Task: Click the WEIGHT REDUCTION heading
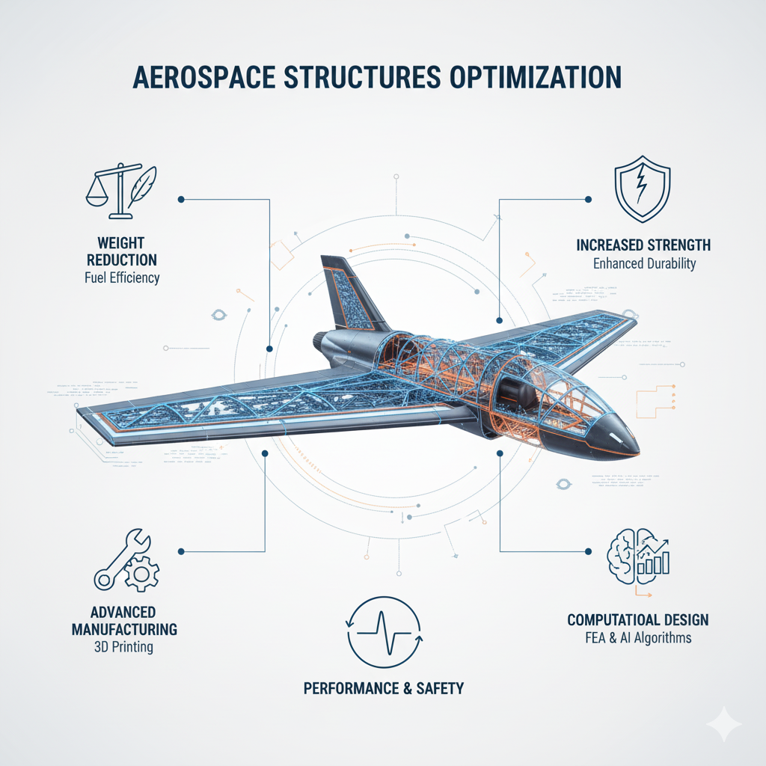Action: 122,251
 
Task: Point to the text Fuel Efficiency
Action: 122,278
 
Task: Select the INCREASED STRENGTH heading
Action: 643,245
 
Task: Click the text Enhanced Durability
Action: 643,263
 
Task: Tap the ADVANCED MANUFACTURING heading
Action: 124,619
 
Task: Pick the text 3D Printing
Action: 124,646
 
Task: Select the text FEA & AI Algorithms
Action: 638,638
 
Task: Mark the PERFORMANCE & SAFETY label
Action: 383,688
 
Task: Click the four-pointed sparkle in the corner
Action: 723,724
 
